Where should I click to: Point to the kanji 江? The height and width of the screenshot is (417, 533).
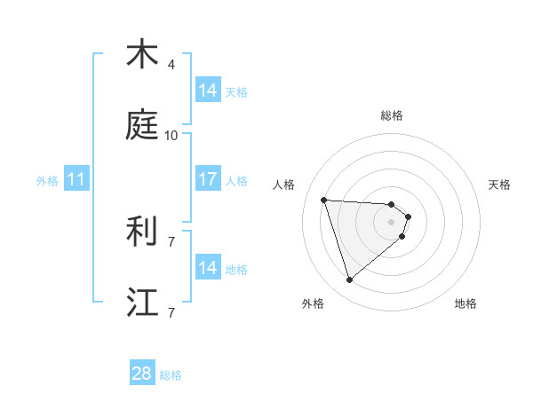(141, 301)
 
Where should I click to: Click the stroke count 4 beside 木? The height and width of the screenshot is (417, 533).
(171, 65)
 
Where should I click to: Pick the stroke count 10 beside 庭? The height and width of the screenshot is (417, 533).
(171, 136)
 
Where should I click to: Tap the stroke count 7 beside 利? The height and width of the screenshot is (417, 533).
(171, 241)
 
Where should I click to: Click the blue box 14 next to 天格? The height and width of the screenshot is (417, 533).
(207, 90)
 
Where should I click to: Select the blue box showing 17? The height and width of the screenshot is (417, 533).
(207, 179)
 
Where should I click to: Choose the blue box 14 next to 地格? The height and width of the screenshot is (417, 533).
(207, 268)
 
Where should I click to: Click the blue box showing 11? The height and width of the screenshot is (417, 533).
(76, 180)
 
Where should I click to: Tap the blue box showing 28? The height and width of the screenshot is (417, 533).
(141, 374)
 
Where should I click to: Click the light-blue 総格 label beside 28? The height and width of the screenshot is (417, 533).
(171, 375)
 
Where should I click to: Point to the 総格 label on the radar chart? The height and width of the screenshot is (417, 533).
(392, 115)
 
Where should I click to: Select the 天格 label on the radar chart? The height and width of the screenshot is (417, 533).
(500, 185)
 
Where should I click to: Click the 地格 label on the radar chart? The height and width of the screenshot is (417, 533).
(465, 303)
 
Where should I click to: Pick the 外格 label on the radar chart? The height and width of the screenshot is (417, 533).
(313, 303)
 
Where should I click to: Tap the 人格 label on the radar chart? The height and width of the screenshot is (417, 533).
(284, 185)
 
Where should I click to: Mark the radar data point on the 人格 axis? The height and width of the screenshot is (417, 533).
(324, 200)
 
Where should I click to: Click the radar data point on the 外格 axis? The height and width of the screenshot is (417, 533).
(349, 280)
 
